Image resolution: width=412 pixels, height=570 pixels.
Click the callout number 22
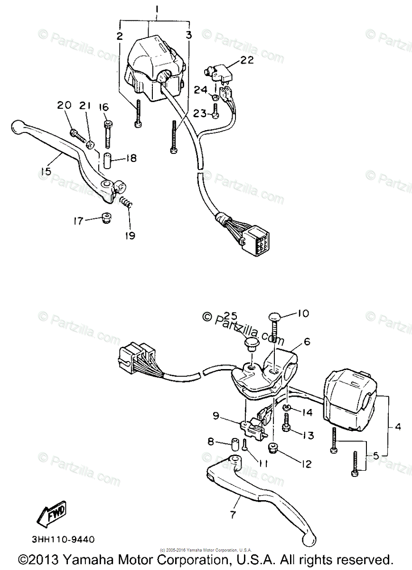[x=247, y=60]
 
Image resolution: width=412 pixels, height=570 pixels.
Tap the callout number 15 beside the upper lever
[x=46, y=171]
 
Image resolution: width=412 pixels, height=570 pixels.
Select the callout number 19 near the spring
[x=130, y=235]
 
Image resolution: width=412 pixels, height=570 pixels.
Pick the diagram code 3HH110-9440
[x=64, y=539]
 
